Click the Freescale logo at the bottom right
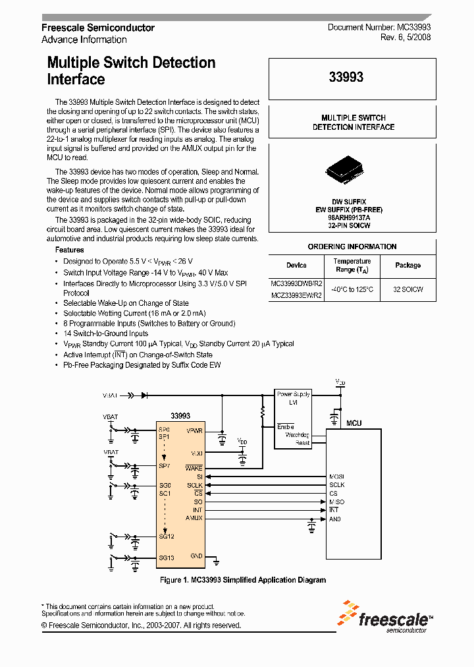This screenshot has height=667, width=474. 385,616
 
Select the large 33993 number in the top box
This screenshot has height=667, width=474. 346,77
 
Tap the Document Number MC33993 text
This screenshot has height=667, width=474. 379,28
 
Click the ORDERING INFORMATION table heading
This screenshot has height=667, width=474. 352,246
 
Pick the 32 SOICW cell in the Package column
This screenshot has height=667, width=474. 408,289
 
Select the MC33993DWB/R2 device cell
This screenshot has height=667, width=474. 296,283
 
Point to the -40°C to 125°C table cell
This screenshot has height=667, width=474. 352,289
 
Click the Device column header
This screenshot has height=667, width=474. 296,265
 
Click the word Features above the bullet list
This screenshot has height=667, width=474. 69,250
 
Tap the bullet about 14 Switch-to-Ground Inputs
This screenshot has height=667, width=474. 105,333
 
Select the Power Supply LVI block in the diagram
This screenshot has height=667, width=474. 293,397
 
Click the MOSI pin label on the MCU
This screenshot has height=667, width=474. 336,476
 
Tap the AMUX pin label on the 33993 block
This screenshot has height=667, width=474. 194,519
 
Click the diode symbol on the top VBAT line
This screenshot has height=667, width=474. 144,395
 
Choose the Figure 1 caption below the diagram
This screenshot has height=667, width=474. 243,580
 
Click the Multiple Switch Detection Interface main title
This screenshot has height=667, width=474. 131,71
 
